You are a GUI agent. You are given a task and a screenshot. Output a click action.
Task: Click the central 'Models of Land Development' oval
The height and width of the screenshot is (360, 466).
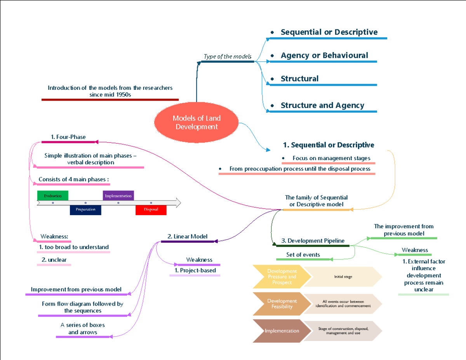click(196, 122)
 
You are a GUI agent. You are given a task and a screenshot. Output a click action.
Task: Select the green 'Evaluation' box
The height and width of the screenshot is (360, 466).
click(52, 196)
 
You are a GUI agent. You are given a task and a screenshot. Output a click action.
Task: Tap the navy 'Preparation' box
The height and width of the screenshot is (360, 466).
click(85, 210)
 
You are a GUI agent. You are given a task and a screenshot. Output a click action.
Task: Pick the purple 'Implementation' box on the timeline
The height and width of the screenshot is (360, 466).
click(118, 196)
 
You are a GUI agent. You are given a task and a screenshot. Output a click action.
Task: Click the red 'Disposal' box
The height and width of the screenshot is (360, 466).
click(151, 210)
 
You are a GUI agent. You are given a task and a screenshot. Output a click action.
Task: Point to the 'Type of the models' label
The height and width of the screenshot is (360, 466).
click(228, 56)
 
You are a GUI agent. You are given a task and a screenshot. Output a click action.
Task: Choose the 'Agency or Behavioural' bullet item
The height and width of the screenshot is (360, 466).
click(324, 56)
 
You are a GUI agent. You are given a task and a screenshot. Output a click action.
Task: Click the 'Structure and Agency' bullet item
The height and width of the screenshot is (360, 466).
click(322, 105)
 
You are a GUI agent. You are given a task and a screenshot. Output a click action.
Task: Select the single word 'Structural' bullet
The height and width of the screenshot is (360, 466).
click(299, 79)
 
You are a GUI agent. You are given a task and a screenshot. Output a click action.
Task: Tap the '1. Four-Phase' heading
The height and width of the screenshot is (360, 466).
click(68, 137)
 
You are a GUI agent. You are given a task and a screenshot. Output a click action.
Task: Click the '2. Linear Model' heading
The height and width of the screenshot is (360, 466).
click(187, 236)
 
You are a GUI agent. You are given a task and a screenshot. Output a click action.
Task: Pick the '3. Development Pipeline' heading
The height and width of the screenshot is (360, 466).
click(313, 241)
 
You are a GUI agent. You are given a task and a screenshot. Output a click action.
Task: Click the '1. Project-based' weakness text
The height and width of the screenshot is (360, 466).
click(195, 270)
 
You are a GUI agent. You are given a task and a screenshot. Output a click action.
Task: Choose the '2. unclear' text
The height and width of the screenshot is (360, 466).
click(54, 259)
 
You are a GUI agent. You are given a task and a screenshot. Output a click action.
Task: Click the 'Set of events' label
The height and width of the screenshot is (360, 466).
click(303, 255)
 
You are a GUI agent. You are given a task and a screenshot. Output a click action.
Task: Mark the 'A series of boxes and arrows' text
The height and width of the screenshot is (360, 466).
click(83, 329)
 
